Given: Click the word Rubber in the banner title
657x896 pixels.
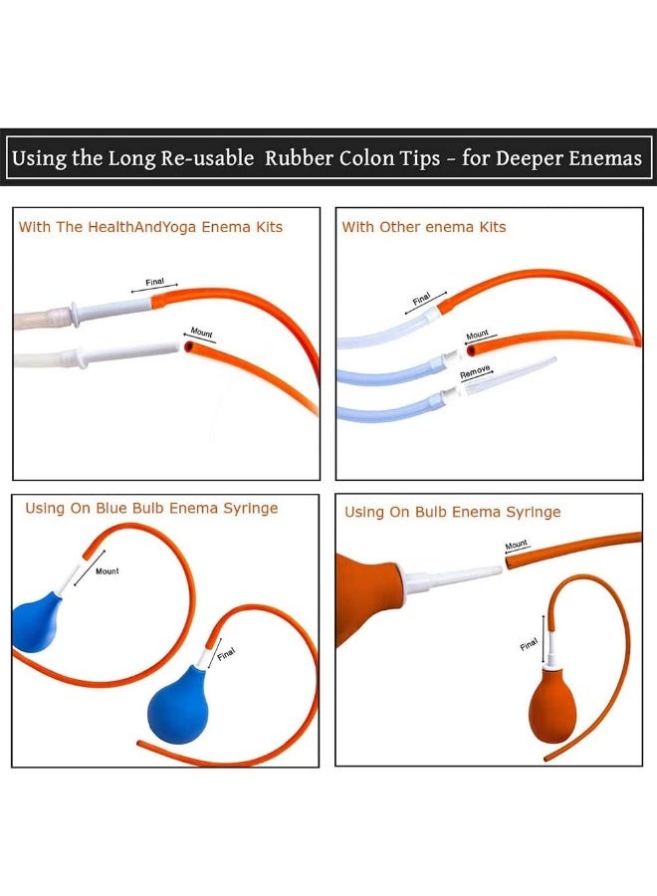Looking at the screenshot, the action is point(299,157).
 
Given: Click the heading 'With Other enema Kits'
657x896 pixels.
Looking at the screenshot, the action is point(424,227).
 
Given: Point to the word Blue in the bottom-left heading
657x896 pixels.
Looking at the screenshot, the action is point(111,508).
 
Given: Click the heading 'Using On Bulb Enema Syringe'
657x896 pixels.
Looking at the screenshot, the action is point(453,512).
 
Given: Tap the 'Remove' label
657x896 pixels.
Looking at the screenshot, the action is point(475,371).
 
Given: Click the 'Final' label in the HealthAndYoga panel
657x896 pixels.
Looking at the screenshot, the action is point(155,282).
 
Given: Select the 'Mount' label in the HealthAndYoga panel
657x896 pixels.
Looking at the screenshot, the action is point(201,333).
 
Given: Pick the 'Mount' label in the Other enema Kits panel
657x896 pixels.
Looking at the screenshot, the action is point(477,334).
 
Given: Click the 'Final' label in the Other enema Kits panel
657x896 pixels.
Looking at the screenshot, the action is point(421,299).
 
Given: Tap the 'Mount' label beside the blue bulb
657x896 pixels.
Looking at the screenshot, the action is point(108,570).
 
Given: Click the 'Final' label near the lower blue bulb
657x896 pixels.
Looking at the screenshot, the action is point(226,653).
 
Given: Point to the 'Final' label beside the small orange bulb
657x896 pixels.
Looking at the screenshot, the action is point(529,644).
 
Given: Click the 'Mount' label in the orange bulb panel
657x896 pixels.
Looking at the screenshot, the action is point(516,545).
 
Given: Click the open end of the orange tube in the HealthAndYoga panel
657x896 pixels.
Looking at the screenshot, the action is point(189,346).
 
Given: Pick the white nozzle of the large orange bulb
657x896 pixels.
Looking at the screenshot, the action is point(451,577).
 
